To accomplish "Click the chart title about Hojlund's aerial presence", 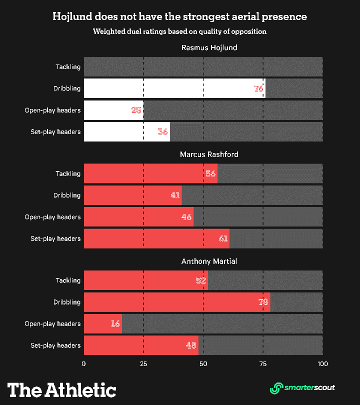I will pos(180,16).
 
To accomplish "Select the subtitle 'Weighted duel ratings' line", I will pos(180,31).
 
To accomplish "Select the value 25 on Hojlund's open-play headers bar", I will pos(136,110).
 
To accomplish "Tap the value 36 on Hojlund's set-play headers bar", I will pos(162,132).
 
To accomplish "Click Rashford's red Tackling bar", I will pos(150,173).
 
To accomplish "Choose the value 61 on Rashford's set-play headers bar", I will pos(223,238).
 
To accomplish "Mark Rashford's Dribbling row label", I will pos(67,195).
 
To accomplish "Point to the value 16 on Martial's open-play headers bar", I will pos(115,323).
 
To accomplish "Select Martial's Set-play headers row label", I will pos(55,345).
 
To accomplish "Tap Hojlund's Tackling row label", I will pos(68,67).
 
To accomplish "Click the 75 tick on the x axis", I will pos(263,364).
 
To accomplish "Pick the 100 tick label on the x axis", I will pos(322,364).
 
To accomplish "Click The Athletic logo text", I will pos(61,389).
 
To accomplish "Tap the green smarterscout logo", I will pos(302,387).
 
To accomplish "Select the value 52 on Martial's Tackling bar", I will pos(201,280).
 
